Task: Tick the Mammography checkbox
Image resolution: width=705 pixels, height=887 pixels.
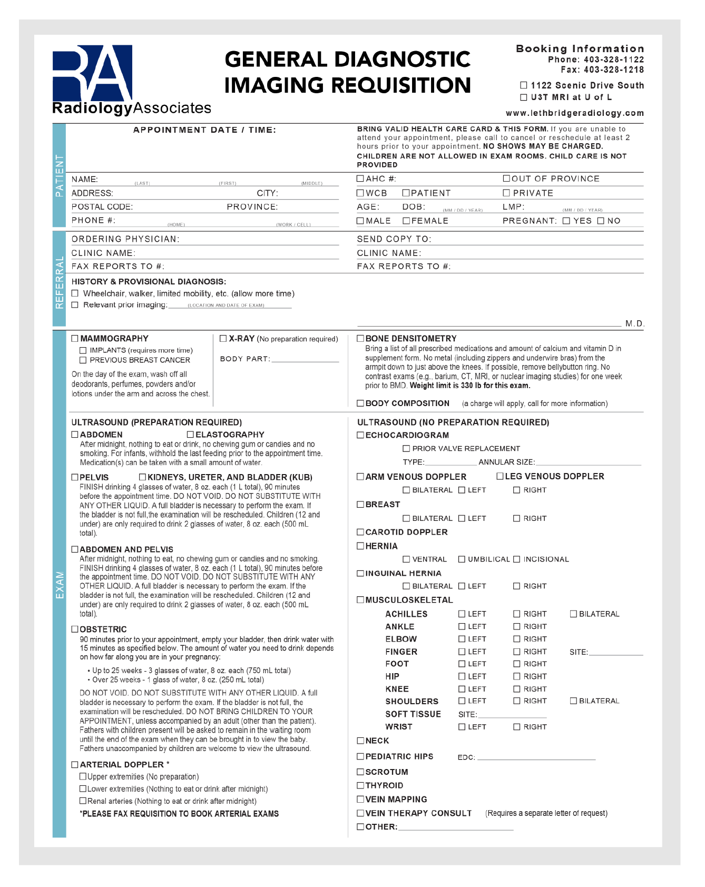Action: point(75,339)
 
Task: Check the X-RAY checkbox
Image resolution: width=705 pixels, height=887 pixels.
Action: point(223,339)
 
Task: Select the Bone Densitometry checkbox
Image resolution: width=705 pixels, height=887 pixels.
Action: point(360,339)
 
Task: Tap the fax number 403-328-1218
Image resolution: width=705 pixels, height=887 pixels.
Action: point(613,70)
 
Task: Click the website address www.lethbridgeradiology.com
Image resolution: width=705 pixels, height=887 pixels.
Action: point(574,113)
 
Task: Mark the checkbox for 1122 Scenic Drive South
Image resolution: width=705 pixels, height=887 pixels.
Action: point(523,85)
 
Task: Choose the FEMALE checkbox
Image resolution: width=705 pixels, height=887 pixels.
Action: point(406,221)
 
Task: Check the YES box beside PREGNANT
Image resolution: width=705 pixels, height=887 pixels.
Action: point(566,221)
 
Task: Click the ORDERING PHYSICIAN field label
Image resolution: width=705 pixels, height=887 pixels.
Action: point(125,239)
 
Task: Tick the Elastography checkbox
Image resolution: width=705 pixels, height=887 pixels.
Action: point(190,435)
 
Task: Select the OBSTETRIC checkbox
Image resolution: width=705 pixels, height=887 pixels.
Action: point(75,629)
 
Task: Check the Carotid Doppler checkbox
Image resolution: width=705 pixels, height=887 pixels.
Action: point(360,532)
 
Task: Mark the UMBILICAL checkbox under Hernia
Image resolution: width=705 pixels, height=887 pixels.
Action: point(462,559)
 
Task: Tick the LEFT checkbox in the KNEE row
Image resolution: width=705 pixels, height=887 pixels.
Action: point(462,689)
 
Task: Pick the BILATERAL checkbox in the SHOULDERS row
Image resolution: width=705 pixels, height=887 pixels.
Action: point(573,701)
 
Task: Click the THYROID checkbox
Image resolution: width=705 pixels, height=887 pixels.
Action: point(360,785)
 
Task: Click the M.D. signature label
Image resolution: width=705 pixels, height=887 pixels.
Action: point(634,323)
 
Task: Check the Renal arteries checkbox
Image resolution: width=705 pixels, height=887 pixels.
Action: point(83,801)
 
